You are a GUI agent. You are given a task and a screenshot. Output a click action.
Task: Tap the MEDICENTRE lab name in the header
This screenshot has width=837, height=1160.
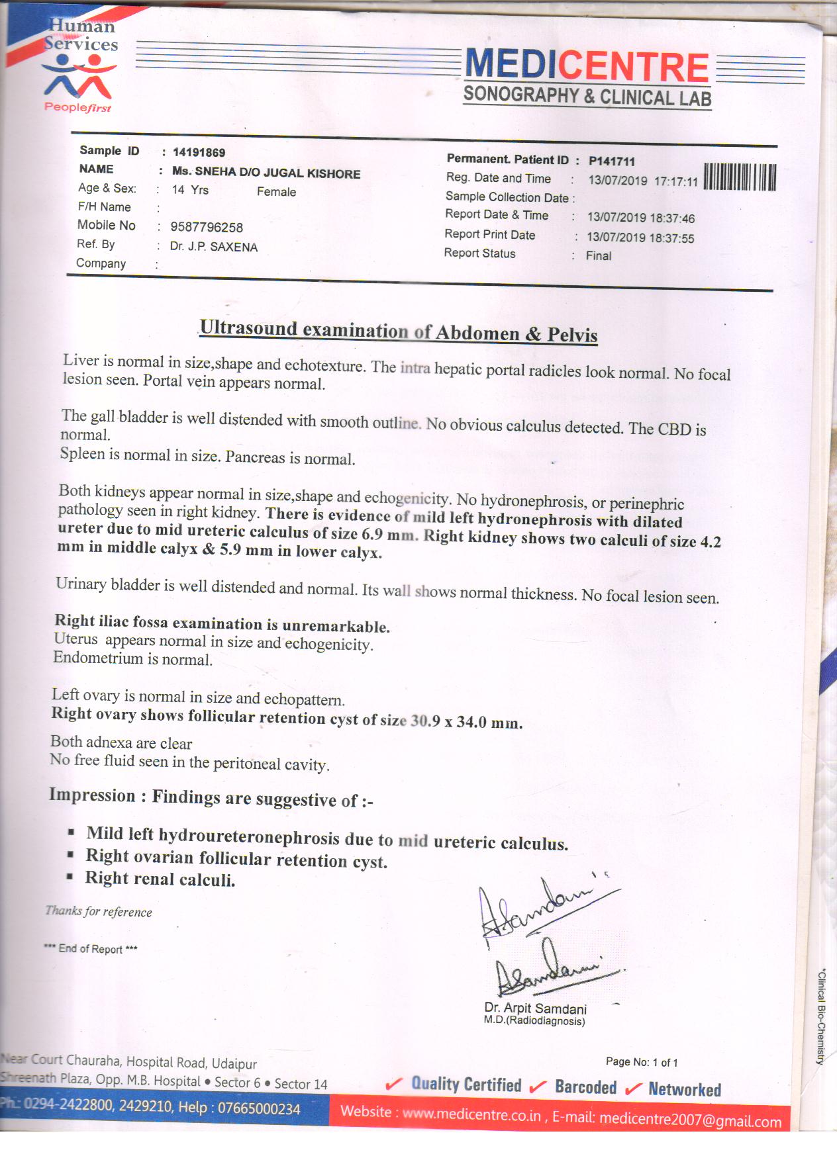point(587,67)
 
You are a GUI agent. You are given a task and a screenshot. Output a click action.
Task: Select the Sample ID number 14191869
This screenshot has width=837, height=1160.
point(199,153)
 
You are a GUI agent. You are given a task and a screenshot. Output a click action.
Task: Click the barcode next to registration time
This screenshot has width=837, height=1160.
point(739,177)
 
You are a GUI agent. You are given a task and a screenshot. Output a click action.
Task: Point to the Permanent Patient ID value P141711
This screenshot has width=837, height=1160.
point(612,161)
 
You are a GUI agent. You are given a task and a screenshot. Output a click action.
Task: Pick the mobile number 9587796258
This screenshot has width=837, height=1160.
point(207,227)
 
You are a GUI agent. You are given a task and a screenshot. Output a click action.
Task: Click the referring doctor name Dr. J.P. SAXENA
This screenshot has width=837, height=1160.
point(214,247)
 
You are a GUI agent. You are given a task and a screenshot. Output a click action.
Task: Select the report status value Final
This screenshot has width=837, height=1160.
point(599,256)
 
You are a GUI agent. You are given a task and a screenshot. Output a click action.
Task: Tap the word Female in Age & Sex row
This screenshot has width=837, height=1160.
point(276,192)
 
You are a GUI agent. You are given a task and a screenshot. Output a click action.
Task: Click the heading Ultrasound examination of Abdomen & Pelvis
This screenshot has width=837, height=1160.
point(399,331)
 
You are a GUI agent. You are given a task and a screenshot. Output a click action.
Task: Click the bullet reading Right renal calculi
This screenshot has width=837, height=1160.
point(160,879)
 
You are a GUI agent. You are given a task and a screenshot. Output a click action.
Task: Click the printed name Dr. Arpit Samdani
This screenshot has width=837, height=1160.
point(535,1008)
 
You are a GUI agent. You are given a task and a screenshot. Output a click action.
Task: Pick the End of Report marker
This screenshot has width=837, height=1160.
point(91,949)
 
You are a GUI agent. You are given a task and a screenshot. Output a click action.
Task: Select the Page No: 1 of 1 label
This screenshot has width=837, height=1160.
point(642,1062)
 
